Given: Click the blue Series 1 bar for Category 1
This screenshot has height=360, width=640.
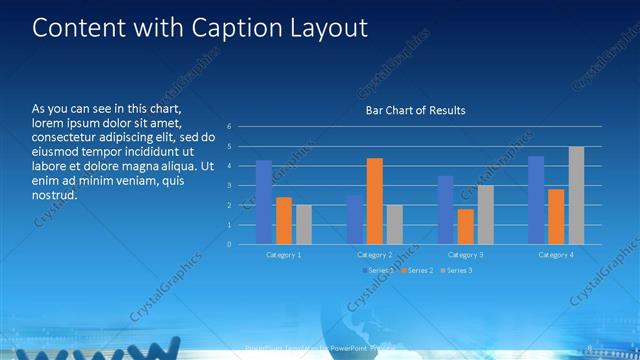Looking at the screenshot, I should click(264, 202).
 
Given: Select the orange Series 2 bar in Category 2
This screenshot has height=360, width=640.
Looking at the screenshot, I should click(374, 201).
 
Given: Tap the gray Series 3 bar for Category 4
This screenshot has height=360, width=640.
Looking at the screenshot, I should click(576, 195).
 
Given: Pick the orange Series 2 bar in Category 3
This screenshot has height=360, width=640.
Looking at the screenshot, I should click(465, 226).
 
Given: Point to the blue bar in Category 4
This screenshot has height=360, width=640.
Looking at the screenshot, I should click(536, 200).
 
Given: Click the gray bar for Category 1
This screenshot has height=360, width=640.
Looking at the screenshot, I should click(303, 225).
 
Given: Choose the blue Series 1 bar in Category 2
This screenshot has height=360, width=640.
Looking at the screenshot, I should click(355, 220).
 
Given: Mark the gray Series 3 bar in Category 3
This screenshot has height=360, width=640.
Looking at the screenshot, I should click(485, 215).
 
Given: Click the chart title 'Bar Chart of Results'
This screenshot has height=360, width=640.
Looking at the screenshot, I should click(415, 110).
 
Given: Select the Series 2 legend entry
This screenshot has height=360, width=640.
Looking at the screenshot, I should click(417, 270).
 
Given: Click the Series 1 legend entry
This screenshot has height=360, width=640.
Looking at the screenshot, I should click(378, 270).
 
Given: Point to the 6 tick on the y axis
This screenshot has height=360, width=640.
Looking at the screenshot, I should click(230, 127).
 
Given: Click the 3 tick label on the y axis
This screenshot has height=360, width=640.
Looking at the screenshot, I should click(230, 186).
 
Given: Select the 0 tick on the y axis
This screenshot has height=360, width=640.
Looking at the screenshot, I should click(230, 244).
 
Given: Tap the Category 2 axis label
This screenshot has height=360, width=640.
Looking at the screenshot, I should click(375, 255).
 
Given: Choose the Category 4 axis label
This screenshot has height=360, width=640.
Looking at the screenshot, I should click(556, 255).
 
